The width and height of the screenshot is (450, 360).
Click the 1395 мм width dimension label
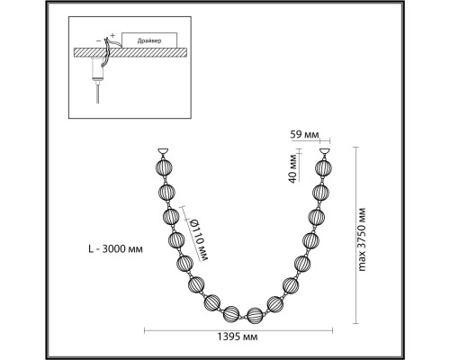238,337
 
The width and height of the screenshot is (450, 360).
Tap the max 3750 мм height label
362,239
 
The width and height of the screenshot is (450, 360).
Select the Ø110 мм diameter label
199,239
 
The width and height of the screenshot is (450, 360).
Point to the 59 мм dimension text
304,135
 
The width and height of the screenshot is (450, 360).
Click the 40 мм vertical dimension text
292,170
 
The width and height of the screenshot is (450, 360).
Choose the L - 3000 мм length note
116,248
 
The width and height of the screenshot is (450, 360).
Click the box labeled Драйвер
149,40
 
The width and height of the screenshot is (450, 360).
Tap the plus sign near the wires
112,35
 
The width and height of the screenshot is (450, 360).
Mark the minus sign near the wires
99,40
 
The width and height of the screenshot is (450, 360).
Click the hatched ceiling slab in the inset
130,52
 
